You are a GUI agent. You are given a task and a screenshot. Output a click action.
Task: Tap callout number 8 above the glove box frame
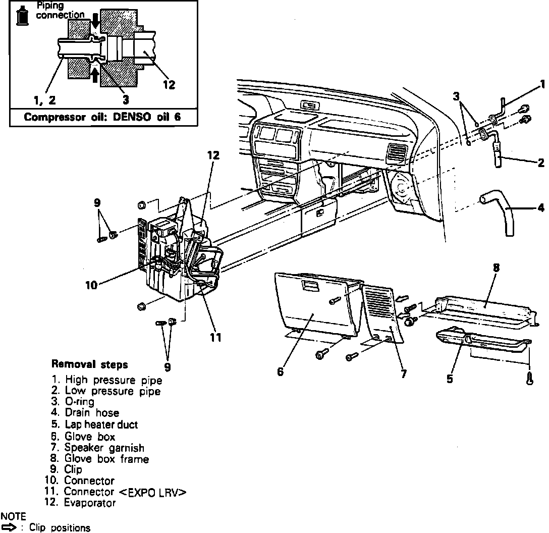click(496, 269)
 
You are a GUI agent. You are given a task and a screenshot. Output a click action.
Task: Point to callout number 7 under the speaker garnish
click(404, 374)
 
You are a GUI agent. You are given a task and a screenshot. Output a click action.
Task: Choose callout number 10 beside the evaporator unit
click(91, 285)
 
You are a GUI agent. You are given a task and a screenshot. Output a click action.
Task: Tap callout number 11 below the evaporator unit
click(215, 338)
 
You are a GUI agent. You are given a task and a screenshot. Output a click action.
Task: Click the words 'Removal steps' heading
click(90, 364)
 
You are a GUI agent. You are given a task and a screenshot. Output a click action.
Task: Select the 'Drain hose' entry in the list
click(91, 413)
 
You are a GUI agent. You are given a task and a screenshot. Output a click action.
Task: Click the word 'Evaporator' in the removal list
click(90, 503)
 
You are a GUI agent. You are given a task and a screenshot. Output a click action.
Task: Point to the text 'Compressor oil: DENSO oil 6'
click(103, 118)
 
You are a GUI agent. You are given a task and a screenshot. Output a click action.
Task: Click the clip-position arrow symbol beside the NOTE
click(11, 527)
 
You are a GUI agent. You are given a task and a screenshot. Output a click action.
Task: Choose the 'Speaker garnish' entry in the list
click(104, 448)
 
